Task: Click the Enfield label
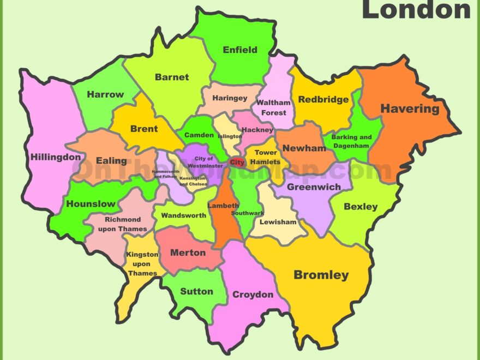pyautogui.click(x=240, y=50)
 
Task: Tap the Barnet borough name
pyautogui.click(x=172, y=77)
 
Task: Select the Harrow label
pyautogui.click(x=105, y=94)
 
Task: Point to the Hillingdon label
pyautogui.click(x=56, y=157)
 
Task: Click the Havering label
pyautogui.click(x=410, y=109)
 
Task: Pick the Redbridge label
pyautogui.click(x=323, y=99)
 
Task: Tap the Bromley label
pyautogui.click(x=321, y=275)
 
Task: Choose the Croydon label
pyautogui.click(x=253, y=295)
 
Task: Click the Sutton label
pyautogui.click(x=196, y=291)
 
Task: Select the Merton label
pyautogui.click(x=188, y=253)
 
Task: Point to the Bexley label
pyautogui.click(x=361, y=207)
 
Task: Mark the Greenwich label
pyautogui.click(x=314, y=187)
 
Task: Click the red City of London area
pyautogui.click(x=237, y=162)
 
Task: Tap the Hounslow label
pyautogui.click(x=91, y=204)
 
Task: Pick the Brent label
pyautogui.click(x=144, y=129)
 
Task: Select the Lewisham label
pyautogui.click(x=278, y=222)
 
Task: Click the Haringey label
pyautogui.click(x=230, y=98)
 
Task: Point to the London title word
pyautogui.click(x=416, y=10)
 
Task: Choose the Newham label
pyautogui.click(x=304, y=148)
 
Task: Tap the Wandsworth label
pyautogui.click(x=183, y=215)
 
